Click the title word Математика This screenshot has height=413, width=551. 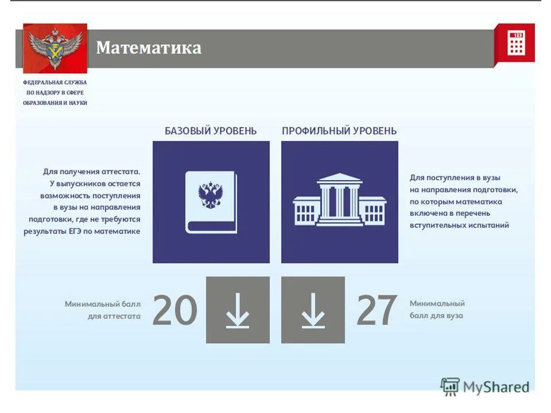[x=149, y=48]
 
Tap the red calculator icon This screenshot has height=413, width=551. [x=515, y=43]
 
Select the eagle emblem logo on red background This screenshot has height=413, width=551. [x=55, y=48]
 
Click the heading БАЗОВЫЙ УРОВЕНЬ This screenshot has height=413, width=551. [x=211, y=131]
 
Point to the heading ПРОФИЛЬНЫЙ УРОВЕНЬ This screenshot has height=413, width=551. [x=339, y=131]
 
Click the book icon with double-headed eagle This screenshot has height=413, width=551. [x=211, y=202]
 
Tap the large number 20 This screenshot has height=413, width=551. [x=175, y=310]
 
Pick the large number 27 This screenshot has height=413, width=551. [x=377, y=310]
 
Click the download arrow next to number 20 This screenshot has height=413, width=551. [x=238, y=310]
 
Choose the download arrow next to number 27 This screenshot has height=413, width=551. [x=313, y=310]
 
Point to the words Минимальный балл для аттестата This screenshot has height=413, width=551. [x=103, y=310]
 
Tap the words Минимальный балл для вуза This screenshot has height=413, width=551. [x=437, y=310]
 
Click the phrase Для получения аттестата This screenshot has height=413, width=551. [x=92, y=172]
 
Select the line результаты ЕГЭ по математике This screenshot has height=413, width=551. [x=82, y=231]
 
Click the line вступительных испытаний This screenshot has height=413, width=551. [x=459, y=225]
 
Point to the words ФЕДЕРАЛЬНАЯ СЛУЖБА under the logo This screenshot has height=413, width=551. [x=55, y=83]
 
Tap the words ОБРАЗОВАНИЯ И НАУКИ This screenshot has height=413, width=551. [x=55, y=103]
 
